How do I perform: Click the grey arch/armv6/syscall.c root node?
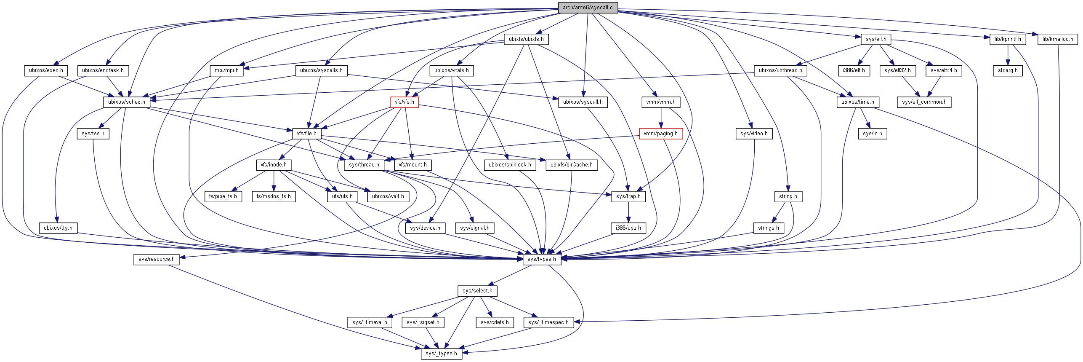tap(588, 8)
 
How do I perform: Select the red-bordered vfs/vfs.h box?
tap(404, 102)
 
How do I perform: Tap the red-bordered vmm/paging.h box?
tap(660, 134)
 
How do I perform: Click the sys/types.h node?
tap(541, 259)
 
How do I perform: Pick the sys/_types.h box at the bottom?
tap(441, 354)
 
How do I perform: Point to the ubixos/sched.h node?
tap(126, 102)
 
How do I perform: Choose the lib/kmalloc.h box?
tap(1058, 39)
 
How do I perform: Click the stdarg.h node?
tap(1008, 70)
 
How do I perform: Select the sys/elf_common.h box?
tap(924, 102)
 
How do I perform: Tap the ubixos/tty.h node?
tap(58, 228)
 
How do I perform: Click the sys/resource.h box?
tap(156, 259)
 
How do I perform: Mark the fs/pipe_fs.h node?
tap(223, 196)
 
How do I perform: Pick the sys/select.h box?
tap(477, 291)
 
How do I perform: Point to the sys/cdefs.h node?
tap(495, 322)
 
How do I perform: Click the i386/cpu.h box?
tap(628, 228)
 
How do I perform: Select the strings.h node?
tap(768, 228)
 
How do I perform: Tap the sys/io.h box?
tap(872, 134)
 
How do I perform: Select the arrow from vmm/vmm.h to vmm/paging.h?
tap(661, 118)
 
